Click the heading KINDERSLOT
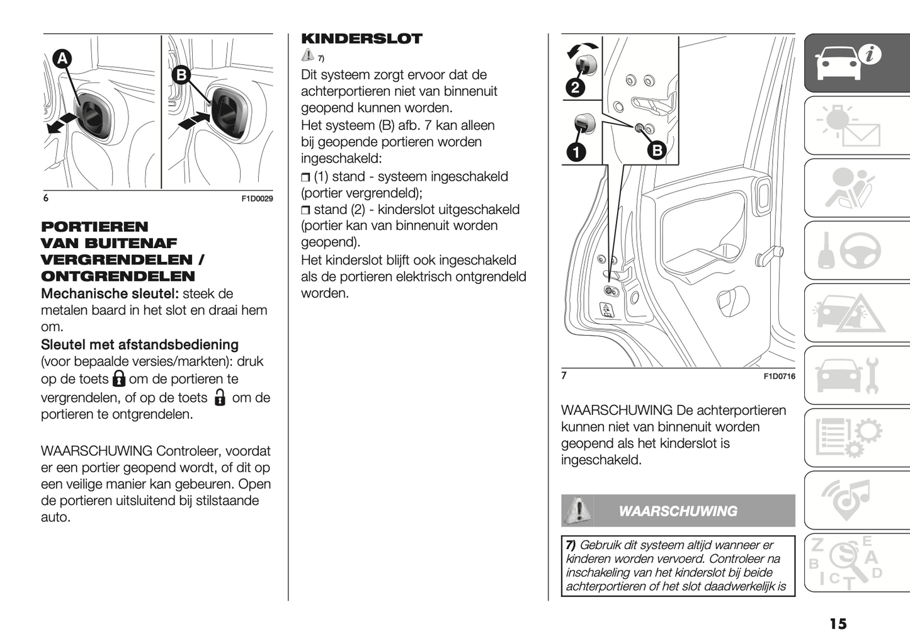pyautogui.click(x=361, y=38)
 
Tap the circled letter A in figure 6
pyautogui.click(x=62, y=59)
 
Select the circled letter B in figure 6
pyautogui.click(x=181, y=75)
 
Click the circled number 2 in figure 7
pyautogui.click(x=575, y=88)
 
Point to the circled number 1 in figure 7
pyautogui.click(x=576, y=151)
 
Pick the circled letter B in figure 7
pyautogui.click(x=657, y=150)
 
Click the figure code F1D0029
pyautogui.click(x=257, y=199)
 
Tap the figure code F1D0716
pyautogui.click(x=779, y=377)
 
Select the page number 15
pyautogui.click(x=838, y=624)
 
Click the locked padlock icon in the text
pyautogui.click(x=119, y=378)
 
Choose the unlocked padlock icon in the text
pyautogui.click(x=220, y=397)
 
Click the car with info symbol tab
pyautogui.click(x=856, y=63)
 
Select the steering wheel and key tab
pyautogui.click(x=856, y=251)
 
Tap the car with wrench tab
pyautogui.click(x=856, y=376)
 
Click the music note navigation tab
pyautogui.click(x=856, y=501)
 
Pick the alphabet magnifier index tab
pyautogui.click(x=856, y=562)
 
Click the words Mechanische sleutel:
pyautogui.click(x=110, y=294)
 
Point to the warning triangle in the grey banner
pyautogui.click(x=577, y=510)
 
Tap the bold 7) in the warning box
pyautogui.click(x=571, y=545)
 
